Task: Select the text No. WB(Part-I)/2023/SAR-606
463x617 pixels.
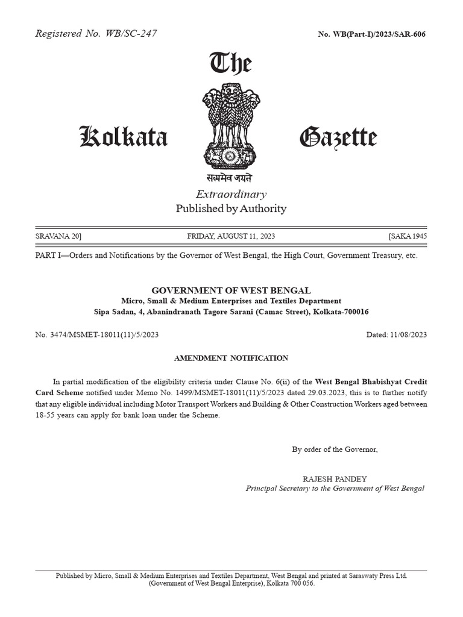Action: point(371,34)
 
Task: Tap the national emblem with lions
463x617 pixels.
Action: point(230,127)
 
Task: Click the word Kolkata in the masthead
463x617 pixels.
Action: point(124,138)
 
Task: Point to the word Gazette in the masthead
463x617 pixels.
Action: point(338,138)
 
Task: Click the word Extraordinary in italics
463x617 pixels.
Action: point(231,194)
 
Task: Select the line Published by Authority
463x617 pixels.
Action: point(231,209)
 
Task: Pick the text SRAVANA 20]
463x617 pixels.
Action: point(58,236)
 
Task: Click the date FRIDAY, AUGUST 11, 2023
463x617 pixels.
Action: point(231,236)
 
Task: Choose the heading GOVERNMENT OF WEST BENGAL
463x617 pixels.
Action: point(231,290)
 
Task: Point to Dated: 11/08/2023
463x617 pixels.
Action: point(396,334)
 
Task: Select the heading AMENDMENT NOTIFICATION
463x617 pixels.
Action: point(231,358)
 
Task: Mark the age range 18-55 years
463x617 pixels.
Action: point(55,416)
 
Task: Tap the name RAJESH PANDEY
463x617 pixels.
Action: point(335,478)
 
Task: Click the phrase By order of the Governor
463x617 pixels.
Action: point(335,449)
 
